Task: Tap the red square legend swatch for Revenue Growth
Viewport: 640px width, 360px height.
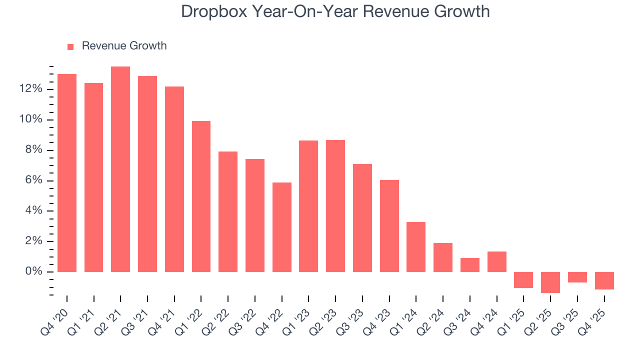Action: (x=70, y=46)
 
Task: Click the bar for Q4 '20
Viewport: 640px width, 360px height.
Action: (x=67, y=173)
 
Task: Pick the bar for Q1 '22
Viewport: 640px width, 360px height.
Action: (x=201, y=196)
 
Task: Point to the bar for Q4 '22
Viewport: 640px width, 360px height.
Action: (x=282, y=227)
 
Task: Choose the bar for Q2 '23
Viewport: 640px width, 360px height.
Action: (x=335, y=206)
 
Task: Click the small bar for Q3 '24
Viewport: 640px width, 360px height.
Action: (x=470, y=265)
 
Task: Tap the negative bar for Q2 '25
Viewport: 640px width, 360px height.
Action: (x=550, y=282)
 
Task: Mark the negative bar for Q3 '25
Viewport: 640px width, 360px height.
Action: (x=577, y=277)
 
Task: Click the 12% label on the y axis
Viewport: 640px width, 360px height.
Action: (x=31, y=89)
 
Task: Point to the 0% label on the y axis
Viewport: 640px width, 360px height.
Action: (x=34, y=272)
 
